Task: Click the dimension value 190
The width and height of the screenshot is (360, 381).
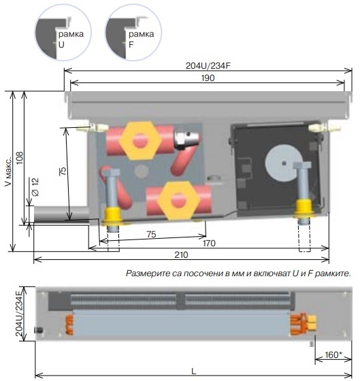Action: pyautogui.click(x=208, y=78)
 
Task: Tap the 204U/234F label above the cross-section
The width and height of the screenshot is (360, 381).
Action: pyautogui.click(x=208, y=66)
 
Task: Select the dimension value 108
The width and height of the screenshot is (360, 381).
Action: pyautogui.click(x=20, y=158)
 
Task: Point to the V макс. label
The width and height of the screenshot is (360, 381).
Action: pyautogui.click(x=8, y=171)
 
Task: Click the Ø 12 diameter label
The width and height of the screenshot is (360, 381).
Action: pyautogui.click(x=35, y=187)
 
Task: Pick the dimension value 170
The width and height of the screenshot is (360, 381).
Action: pyautogui.click(x=209, y=244)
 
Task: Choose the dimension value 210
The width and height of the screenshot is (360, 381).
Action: pyautogui.click(x=181, y=255)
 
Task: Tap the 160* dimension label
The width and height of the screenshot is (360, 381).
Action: pyautogui.click(x=333, y=355)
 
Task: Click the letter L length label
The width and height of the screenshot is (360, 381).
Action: pyautogui.click(x=193, y=371)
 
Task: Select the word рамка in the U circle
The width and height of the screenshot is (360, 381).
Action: pyautogui.click(x=71, y=34)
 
